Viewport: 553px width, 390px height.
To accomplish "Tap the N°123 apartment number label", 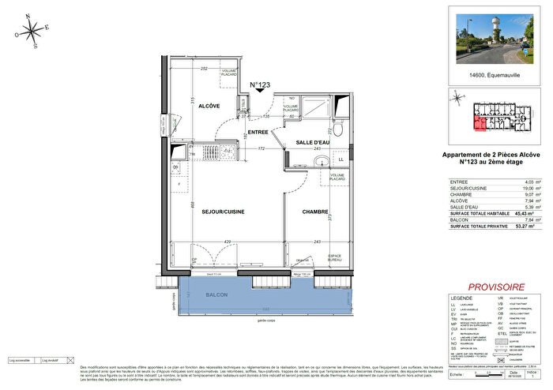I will pos(261,84).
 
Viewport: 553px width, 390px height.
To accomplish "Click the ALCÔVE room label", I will pos(209,106).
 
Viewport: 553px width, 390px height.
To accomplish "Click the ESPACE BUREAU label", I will pos(336,257).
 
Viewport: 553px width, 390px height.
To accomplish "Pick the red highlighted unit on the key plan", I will pos(479,122).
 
